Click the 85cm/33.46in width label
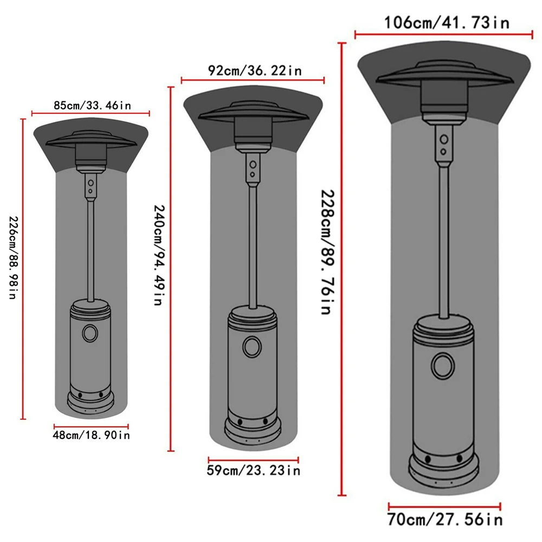point(92,105)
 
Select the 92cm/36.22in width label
point(255,70)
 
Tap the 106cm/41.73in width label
point(447,23)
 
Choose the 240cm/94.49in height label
point(159,255)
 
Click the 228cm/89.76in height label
point(327,252)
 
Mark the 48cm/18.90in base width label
point(91,435)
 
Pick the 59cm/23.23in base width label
point(254,470)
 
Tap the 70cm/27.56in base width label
point(444,520)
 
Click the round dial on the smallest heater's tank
point(90,333)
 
